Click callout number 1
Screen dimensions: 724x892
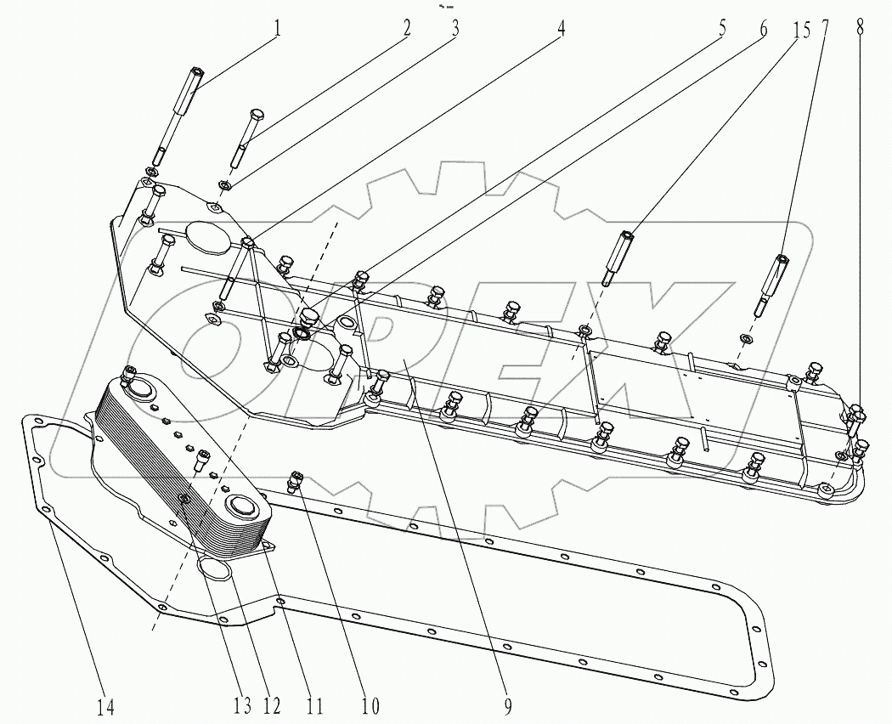276,28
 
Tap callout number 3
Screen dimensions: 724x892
455,28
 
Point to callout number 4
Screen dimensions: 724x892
561,28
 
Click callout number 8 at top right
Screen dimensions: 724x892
860,28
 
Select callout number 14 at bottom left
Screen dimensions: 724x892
104,704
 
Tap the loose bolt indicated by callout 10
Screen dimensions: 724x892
296,481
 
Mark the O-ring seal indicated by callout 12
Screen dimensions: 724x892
217,568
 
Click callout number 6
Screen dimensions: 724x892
761,28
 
